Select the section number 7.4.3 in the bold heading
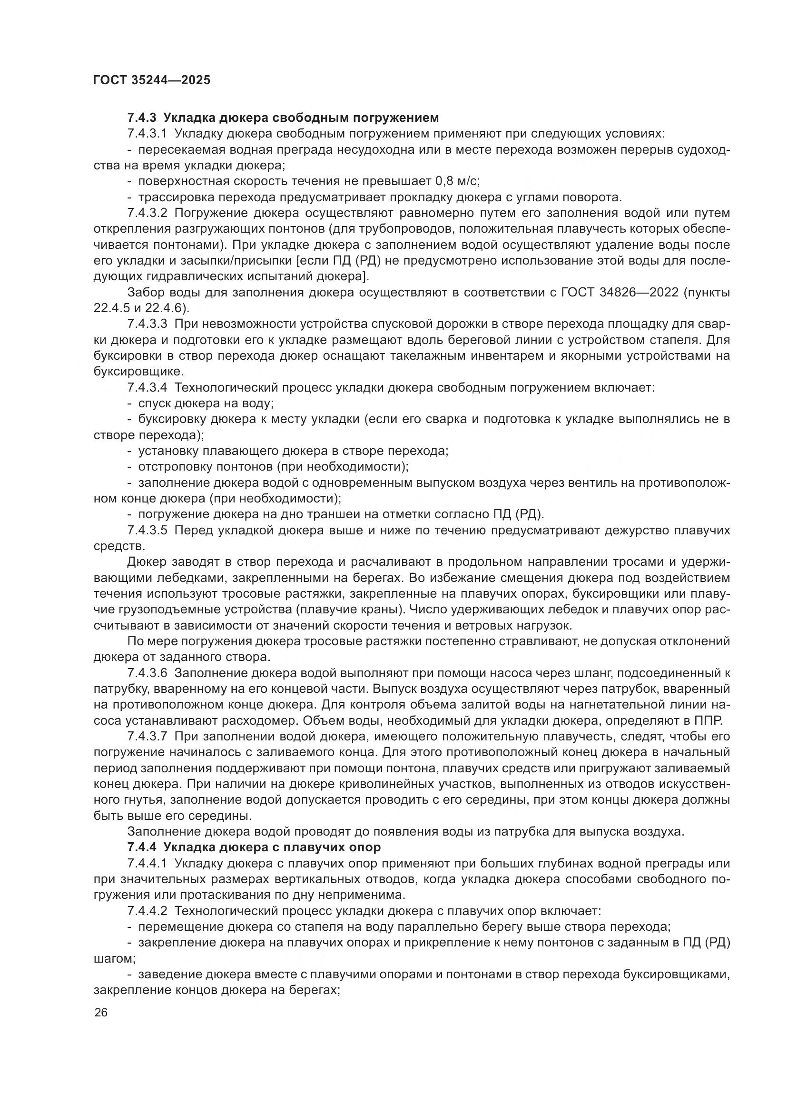coord(143,118)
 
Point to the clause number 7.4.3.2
coord(148,213)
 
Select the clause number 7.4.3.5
coord(148,530)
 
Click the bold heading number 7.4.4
coord(143,847)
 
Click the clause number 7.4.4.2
coord(148,911)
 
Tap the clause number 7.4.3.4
coord(148,387)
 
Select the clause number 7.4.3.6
coord(148,673)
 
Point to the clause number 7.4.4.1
coord(148,863)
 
